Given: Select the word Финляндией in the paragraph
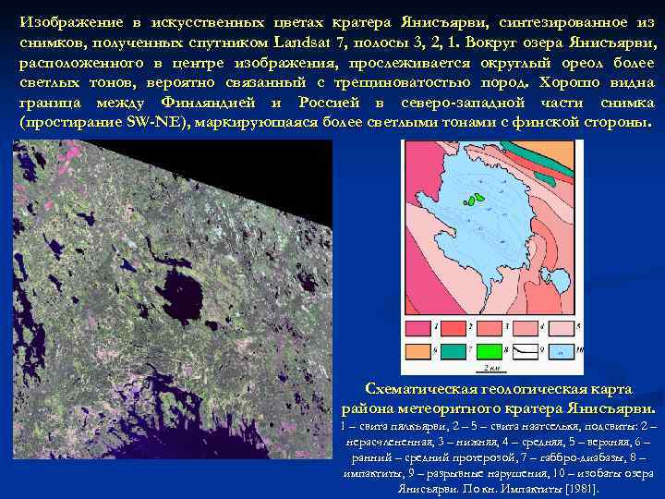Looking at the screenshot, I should (209, 103).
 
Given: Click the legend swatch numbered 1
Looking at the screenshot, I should (416, 327).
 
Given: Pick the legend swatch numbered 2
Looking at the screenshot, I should (454, 327).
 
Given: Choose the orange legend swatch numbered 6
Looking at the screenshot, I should (416, 350).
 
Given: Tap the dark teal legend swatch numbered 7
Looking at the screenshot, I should (454, 350).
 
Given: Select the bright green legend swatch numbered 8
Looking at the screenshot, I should (491, 350).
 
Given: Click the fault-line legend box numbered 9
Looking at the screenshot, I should (527, 350).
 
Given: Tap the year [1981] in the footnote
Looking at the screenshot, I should (580, 488).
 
